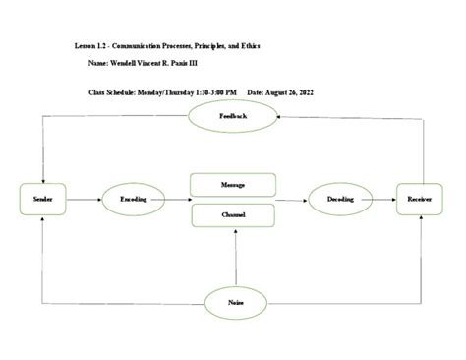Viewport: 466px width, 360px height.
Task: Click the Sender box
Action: [41, 200]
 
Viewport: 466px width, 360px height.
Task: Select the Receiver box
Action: [419, 200]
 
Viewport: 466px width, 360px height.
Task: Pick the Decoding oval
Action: [340, 200]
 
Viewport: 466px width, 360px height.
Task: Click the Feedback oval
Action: [233, 116]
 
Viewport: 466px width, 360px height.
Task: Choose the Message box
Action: [234, 184]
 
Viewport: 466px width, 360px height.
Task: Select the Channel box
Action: [234, 215]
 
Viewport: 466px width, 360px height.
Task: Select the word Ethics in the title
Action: [249, 45]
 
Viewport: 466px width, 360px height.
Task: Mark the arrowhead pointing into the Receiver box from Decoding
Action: [393, 200]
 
